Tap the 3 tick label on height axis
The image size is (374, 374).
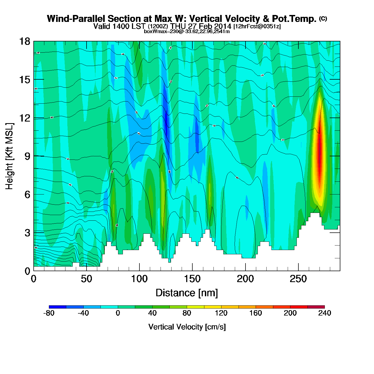(27, 233)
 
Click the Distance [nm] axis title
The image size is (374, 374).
(187, 293)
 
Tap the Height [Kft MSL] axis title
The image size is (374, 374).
(10, 156)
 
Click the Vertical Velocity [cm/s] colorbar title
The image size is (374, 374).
(187, 327)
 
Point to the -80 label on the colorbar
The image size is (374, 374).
(49, 313)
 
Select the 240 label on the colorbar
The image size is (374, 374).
(325, 313)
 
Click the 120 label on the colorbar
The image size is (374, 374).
(221, 313)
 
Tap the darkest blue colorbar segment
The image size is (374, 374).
(57, 307)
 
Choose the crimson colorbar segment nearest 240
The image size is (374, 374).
(316, 307)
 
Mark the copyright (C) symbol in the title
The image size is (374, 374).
(323, 18)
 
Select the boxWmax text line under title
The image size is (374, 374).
(187, 32)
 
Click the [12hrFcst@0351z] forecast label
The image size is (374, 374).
(257, 26)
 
